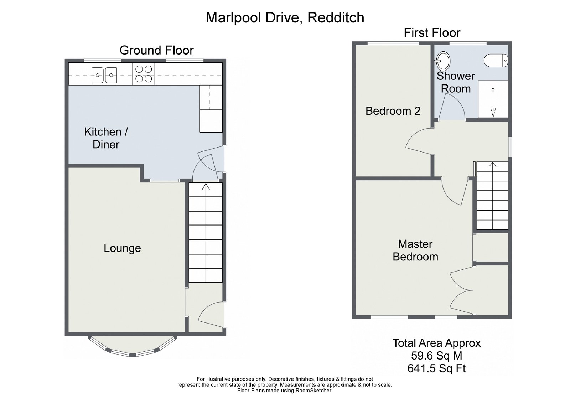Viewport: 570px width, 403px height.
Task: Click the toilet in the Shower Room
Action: [x=496, y=60]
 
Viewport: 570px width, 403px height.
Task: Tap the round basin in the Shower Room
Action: [x=443, y=61]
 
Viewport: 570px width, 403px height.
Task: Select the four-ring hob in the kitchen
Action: [x=144, y=74]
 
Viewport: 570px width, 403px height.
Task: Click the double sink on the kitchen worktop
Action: [x=104, y=75]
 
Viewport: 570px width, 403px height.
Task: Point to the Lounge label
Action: [x=122, y=248]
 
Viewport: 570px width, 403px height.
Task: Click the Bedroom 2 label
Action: [x=393, y=111]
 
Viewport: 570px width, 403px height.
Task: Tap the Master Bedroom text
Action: [x=415, y=250]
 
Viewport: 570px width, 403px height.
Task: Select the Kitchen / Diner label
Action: [x=106, y=138]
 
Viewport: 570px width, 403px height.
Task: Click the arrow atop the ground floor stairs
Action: [x=206, y=186]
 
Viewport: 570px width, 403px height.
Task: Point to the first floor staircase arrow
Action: [x=492, y=165]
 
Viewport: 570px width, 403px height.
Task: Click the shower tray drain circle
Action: [x=493, y=90]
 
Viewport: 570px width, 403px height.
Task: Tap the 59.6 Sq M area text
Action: [x=436, y=356]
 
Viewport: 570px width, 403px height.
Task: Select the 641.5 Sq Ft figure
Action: [x=436, y=368]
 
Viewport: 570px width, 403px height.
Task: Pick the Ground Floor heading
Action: [x=156, y=50]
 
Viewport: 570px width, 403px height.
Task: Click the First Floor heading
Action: [x=432, y=33]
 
